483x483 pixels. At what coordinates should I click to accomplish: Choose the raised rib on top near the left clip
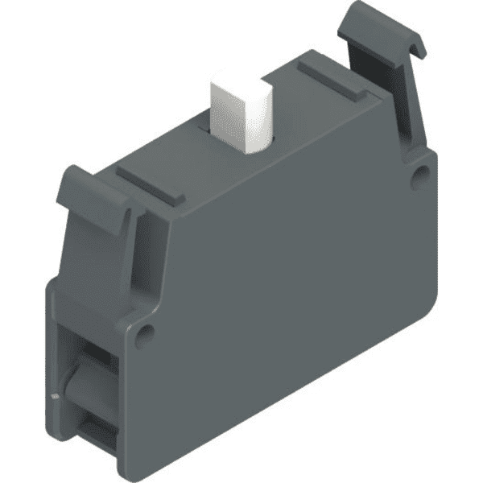pyautogui.click(x=150, y=184)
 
